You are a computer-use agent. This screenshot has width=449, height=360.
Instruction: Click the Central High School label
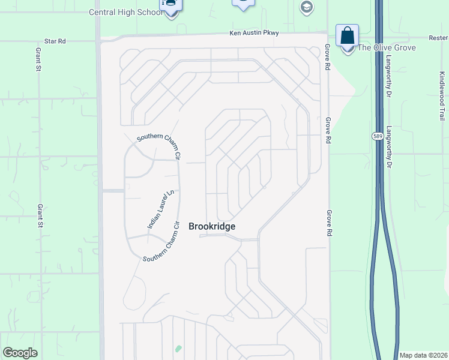tap(125, 12)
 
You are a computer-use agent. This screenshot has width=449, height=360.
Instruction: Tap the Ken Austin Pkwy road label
tap(255, 34)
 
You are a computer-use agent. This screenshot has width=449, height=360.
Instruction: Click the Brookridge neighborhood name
tap(212, 226)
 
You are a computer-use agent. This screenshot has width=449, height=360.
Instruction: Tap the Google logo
tap(20, 353)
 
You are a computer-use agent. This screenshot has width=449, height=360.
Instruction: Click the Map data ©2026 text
tap(423, 355)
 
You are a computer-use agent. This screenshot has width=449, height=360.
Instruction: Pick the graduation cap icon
tap(306, 7)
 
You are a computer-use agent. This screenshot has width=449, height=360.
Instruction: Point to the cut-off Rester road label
tap(438, 37)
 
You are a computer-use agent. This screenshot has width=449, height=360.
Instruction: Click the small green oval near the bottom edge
tap(178, 349)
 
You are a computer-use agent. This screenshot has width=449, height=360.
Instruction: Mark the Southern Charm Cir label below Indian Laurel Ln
tap(161, 242)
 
